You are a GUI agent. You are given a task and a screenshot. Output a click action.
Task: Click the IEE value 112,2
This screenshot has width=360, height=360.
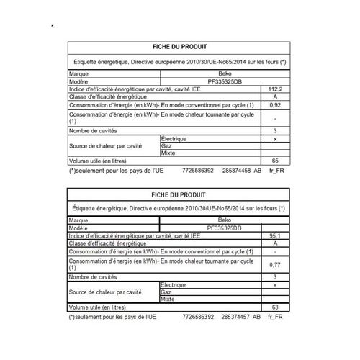coord(276,89)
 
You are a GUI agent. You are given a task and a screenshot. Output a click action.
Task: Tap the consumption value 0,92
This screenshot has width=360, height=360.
coord(276,106)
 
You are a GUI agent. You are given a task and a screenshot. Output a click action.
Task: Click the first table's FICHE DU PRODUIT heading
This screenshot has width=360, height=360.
coord(179,46)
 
